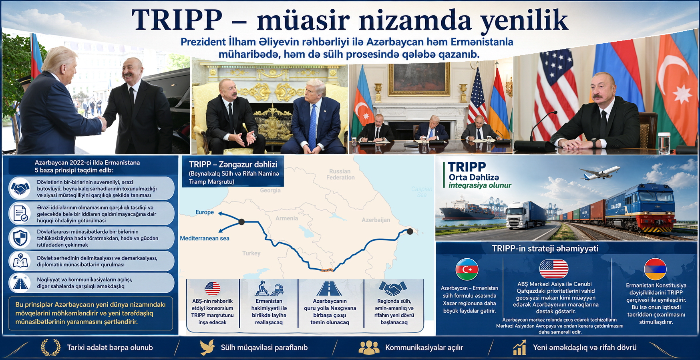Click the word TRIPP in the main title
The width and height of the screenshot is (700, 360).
coord(177,20)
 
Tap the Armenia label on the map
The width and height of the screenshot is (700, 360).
coord(287,218)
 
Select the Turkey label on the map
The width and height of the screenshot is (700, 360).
coord(251,253)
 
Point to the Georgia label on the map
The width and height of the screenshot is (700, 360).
coord(270,190)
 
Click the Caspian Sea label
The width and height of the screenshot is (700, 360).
coord(422,192)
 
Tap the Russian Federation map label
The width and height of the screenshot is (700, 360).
coord(340,174)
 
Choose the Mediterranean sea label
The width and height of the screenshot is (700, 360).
coord(205,238)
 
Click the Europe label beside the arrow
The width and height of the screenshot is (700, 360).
coord(205,212)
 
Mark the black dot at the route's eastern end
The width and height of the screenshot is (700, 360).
coord(410,231)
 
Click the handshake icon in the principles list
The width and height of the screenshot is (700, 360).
coord(20,188)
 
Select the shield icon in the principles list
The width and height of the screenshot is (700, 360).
coord(20,238)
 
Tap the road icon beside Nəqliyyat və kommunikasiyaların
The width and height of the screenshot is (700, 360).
coord(20,283)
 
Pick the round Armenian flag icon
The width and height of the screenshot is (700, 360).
coord(655,269)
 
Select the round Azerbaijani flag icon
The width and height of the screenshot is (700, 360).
coord(467,269)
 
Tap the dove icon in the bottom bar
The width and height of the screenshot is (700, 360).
coord(207,347)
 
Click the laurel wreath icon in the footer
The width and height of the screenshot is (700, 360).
coord(51,347)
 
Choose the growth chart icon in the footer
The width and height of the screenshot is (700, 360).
coord(519,347)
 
